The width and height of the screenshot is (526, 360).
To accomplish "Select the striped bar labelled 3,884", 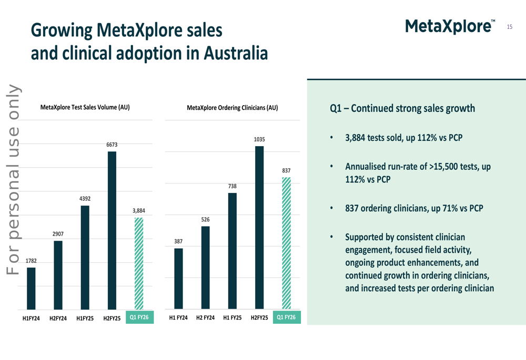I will (x=139, y=263).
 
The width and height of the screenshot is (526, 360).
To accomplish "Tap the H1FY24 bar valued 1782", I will (x=31, y=289).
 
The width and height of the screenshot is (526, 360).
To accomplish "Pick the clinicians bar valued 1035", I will (x=259, y=228).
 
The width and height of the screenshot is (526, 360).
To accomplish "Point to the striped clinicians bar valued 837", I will (x=286, y=243).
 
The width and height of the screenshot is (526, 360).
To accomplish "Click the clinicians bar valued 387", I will (x=179, y=279).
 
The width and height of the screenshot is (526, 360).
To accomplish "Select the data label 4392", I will (x=85, y=199).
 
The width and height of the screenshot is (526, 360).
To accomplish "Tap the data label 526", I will (x=205, y=219).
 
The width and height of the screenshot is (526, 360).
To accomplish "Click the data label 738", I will (x=232, y=186).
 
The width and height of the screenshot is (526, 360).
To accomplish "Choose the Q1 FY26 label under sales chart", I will (x=139, y=317).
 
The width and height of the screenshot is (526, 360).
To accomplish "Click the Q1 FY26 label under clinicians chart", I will (x=287, y=317).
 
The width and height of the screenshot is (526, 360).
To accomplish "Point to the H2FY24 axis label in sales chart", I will (x=58, y=318).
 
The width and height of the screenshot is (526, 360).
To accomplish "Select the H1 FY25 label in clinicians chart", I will (x=232, y=318).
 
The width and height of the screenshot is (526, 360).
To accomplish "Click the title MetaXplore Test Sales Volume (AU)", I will (x=85, y=107).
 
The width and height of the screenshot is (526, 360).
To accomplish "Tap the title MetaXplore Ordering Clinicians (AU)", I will (x=232, y=108).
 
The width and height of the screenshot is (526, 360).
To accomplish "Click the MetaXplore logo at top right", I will (x=450, y=26).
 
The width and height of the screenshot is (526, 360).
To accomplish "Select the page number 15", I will (x=509, y=26).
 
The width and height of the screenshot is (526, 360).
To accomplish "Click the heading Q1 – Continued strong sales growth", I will (x=402, y=109).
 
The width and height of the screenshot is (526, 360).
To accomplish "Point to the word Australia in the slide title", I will (x=236, y=53).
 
